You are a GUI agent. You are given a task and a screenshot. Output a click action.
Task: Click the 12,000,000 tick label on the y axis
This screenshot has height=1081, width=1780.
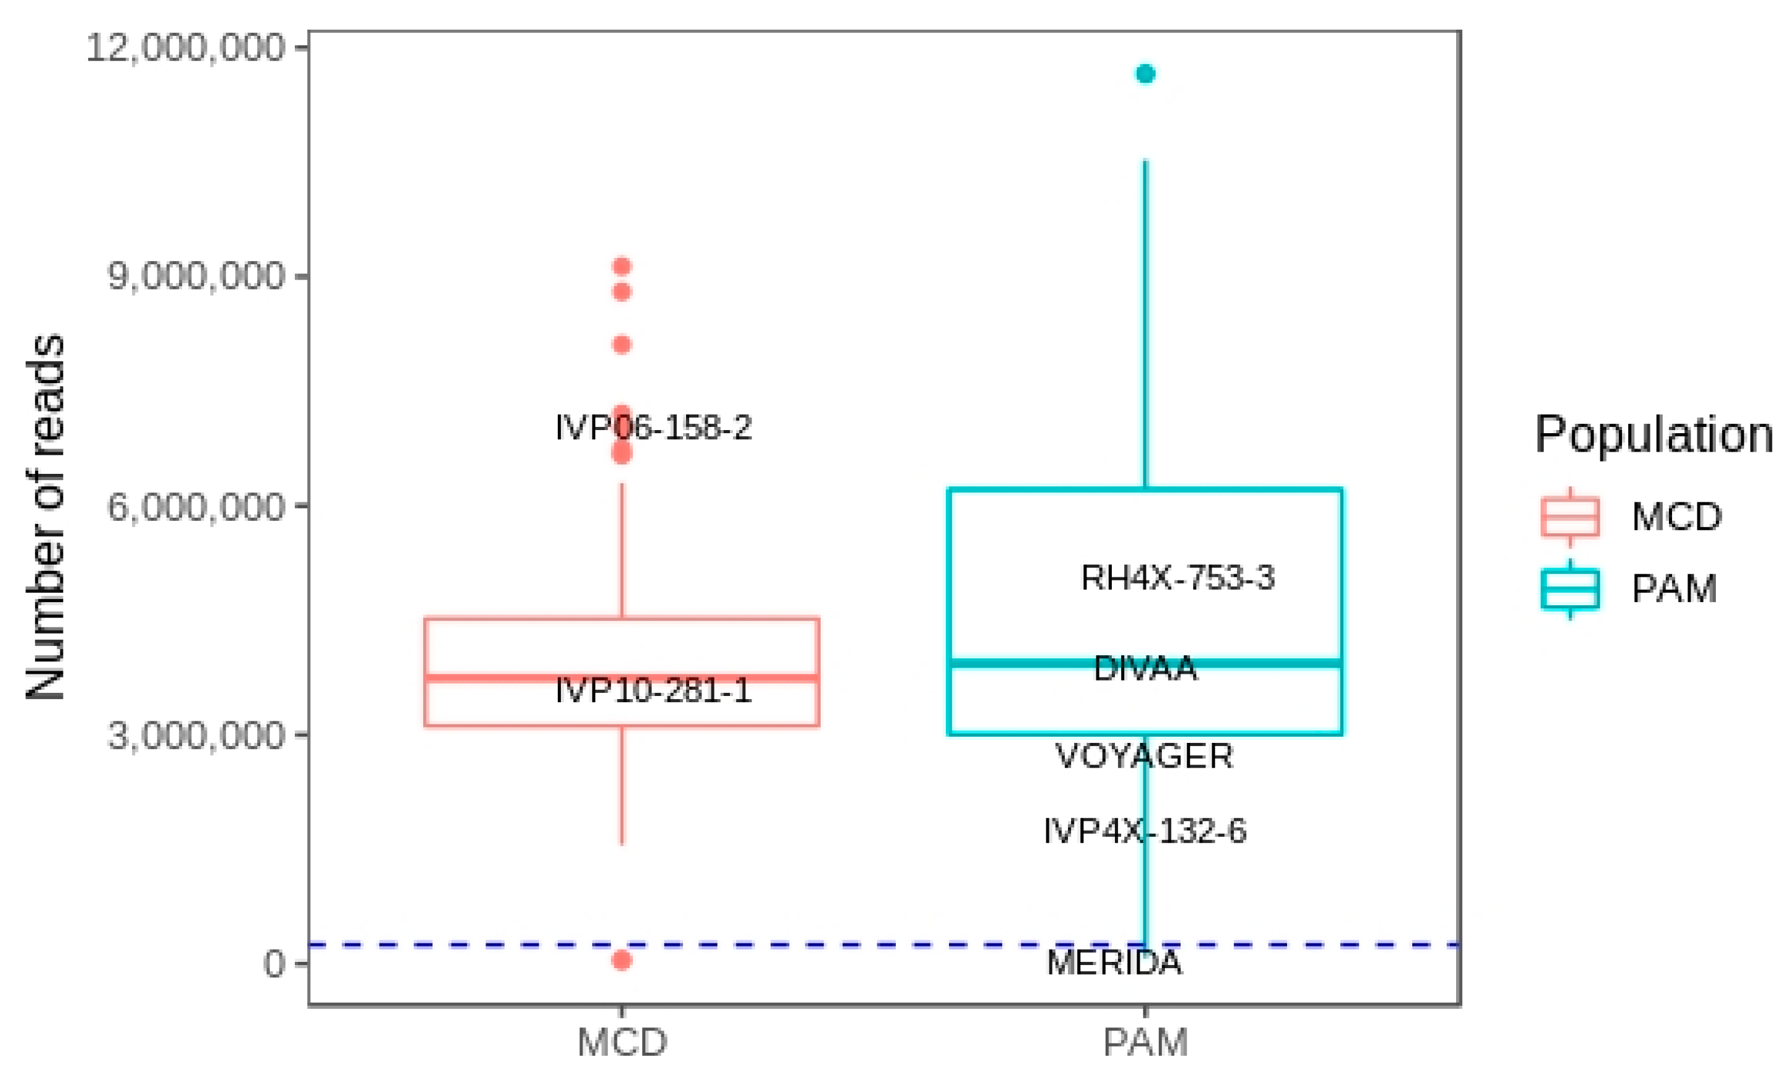186,48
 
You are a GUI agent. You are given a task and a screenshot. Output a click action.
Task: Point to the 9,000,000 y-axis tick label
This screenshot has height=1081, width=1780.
196,277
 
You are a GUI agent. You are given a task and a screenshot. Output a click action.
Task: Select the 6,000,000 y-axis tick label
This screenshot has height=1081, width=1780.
196,507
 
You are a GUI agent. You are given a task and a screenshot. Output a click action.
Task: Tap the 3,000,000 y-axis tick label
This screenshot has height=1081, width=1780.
196,735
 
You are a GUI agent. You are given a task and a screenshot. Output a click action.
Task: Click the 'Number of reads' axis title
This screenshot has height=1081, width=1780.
45,518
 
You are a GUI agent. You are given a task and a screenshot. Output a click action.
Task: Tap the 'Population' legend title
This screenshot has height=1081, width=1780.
1653,435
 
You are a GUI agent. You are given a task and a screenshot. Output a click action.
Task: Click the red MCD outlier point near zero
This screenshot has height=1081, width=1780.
622,960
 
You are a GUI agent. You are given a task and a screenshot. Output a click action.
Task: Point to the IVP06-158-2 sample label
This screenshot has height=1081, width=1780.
653,428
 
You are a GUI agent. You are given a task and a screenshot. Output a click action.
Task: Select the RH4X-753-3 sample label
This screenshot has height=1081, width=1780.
1178,578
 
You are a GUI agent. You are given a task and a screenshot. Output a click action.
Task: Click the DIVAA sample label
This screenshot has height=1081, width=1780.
1145,668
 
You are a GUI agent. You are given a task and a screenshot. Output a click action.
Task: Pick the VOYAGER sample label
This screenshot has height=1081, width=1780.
1145,756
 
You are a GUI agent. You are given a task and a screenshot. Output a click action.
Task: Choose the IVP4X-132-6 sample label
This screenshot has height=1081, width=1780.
1145,831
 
